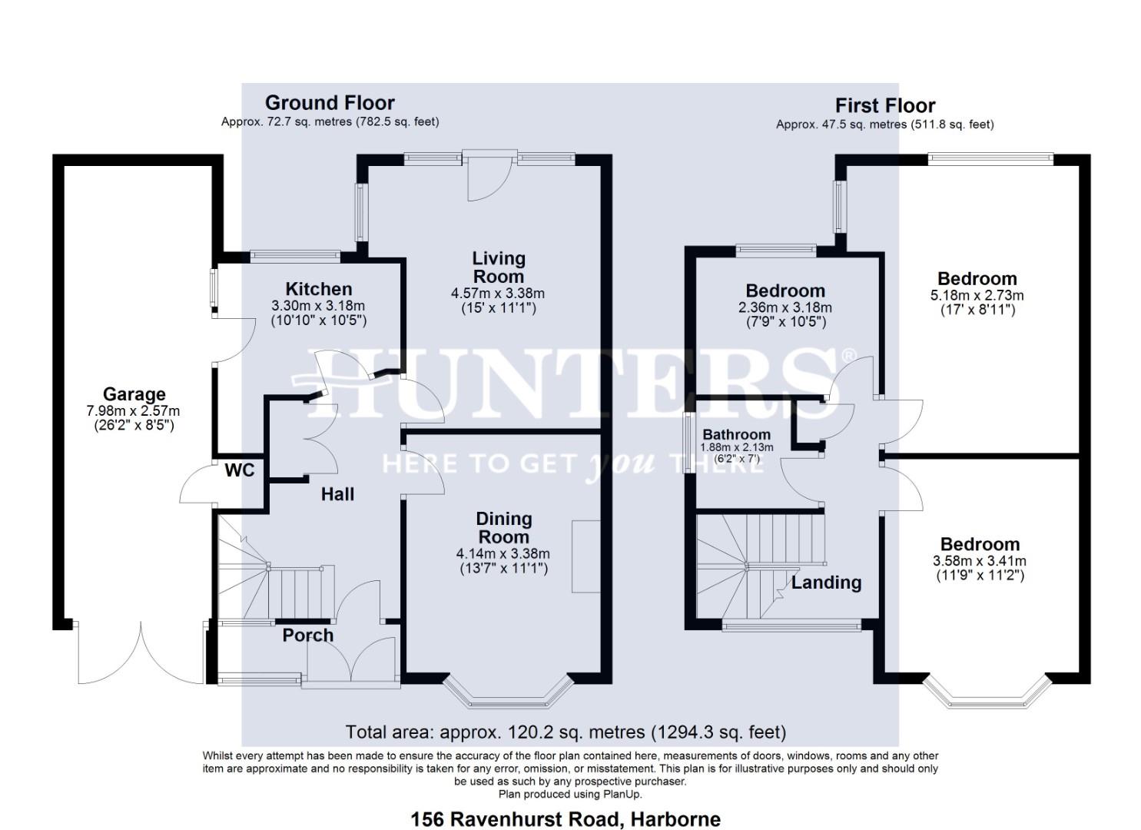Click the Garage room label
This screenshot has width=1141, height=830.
pyautogui.click(x=134, y=394)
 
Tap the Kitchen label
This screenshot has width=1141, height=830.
pyautogui.click(x=319, y=289)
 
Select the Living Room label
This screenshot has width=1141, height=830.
pyautogui.click(x=499, y=267)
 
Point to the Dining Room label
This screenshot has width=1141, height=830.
pyautogui.click(x=504, y=528)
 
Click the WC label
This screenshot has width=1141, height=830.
pyautogui.click(x=239, y=470)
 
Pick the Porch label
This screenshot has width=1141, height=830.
pyautogui.click(x=308, y=635)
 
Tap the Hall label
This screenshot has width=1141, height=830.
pyautogui.click(x=337, y=494)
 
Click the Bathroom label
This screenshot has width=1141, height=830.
pyautogui.click(x=736, y=434)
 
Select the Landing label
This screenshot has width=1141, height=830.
pyautogui.click(x=827, y=583)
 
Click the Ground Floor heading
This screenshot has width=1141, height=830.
pyautogui.click(x=330, y=103)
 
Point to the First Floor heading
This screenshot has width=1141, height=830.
pyautogui.click(x=885, y=105)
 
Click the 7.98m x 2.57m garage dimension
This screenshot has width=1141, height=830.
pyautogui.click(x=134, y=411)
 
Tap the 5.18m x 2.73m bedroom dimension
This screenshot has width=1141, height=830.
pyautogui.click(x=977, y=295)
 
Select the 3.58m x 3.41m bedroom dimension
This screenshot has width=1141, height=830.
pyautogui.click(x=980, y=561)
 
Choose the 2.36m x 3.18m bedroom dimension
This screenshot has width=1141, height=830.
pyautogui.click(x=785, y=307)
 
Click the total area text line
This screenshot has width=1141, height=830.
pyautogui.click(x=566, y=732)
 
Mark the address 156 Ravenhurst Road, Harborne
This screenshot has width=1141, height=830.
pyautogui.click(x=566, y=819)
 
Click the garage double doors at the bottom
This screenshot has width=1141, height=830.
pyautogui.click(x=141, y=653)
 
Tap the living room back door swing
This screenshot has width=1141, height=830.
pyautogui.click(x=489, y=178)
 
